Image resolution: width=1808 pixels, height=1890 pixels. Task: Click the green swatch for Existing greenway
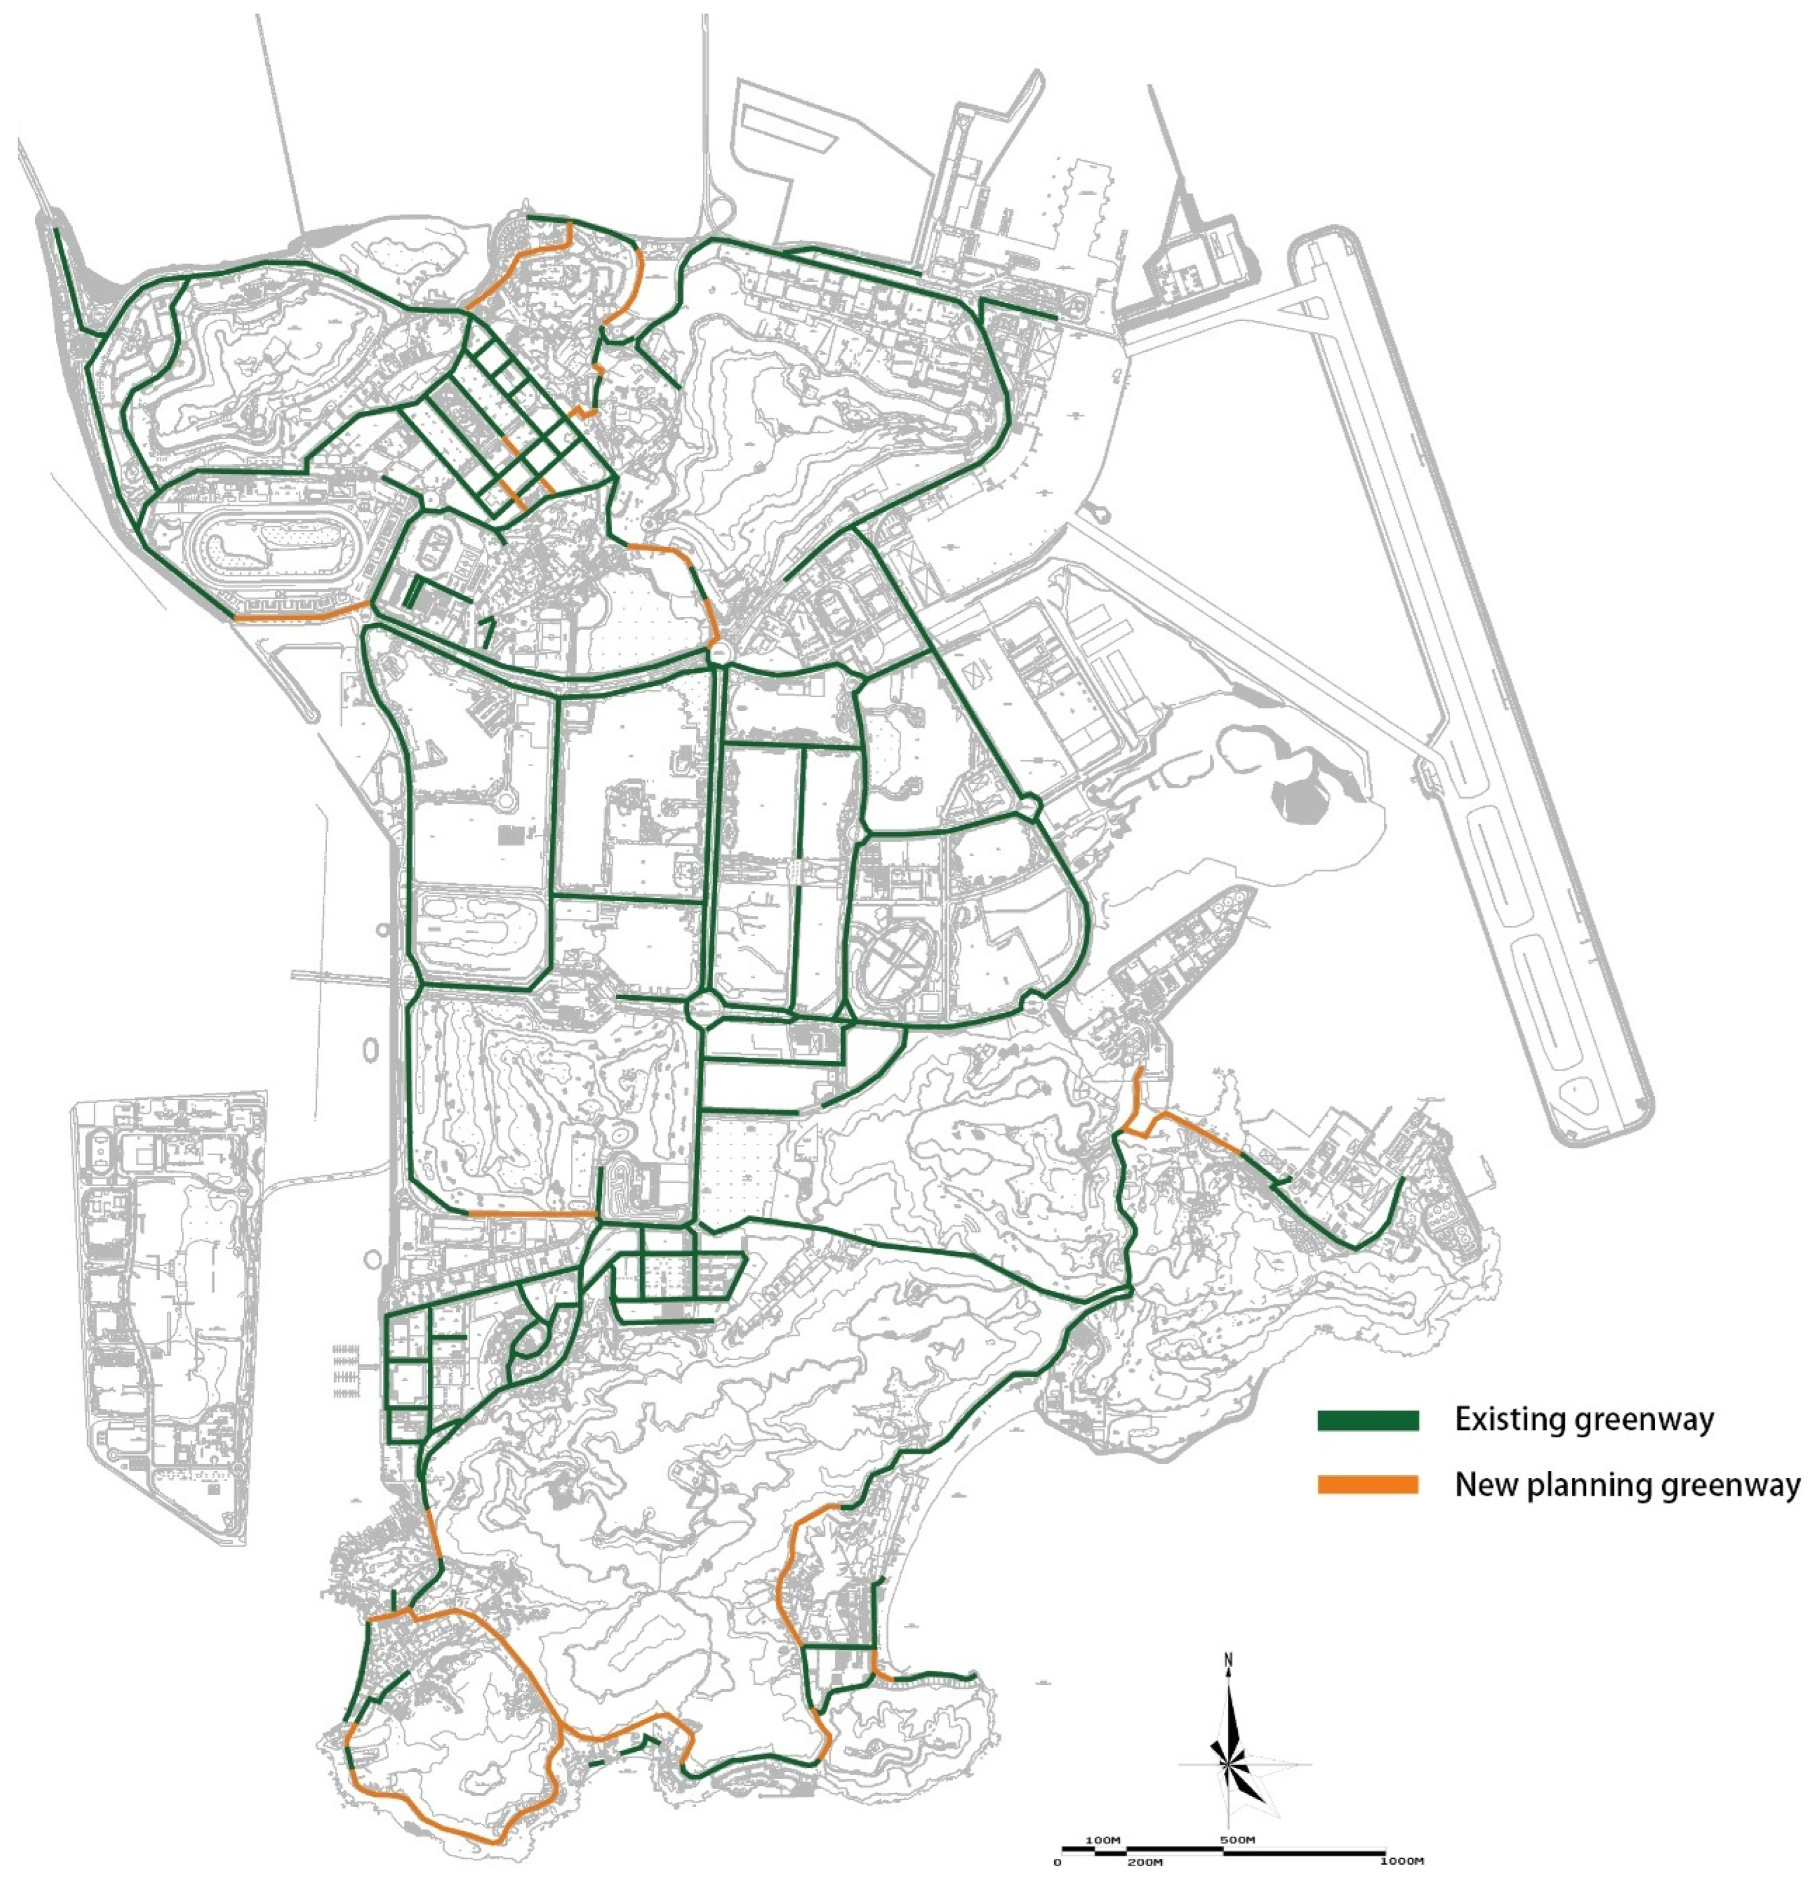(1368, 1420)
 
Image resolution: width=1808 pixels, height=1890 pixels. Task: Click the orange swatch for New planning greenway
(1368, 1485)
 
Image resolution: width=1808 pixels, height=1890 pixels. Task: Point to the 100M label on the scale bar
(1104, 1840)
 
